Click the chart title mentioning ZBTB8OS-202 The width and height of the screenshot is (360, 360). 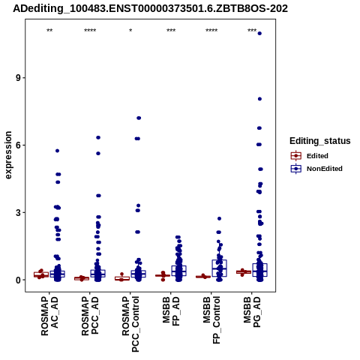[x=150, y=8]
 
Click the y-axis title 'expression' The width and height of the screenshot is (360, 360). [x=8, y=155]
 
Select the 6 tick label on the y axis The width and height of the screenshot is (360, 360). [x=19, y=145]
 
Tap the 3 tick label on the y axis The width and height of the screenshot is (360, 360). [x=19, y=212]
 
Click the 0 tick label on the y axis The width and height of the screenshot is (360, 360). [x=19, y=280]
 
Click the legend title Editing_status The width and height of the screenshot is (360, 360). [x=320, y=141]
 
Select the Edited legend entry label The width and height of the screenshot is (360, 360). [x=317, y=156]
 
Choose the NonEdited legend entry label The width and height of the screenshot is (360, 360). [x=325, y=169]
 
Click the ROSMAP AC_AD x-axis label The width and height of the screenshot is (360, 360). [x=49, y=316]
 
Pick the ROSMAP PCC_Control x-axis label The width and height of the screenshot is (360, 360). [x=130, y=324]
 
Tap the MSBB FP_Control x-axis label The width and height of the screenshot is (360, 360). [x=211, y=320]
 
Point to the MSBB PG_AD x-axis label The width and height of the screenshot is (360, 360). [x=252, y=312]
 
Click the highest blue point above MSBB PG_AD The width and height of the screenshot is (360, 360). [x=259, y=34]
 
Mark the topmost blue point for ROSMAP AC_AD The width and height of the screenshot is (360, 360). [x=57, y=151]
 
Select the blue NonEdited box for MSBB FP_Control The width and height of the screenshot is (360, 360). [x=220, y=268]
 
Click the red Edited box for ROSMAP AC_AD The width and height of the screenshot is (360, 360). [x=41, y=274]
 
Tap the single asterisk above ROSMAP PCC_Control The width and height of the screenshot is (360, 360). [x=130, y=31]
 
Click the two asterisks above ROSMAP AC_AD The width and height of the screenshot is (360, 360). [x=49, y=31]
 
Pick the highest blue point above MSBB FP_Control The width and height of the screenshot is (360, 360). [x=219, y=218]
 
